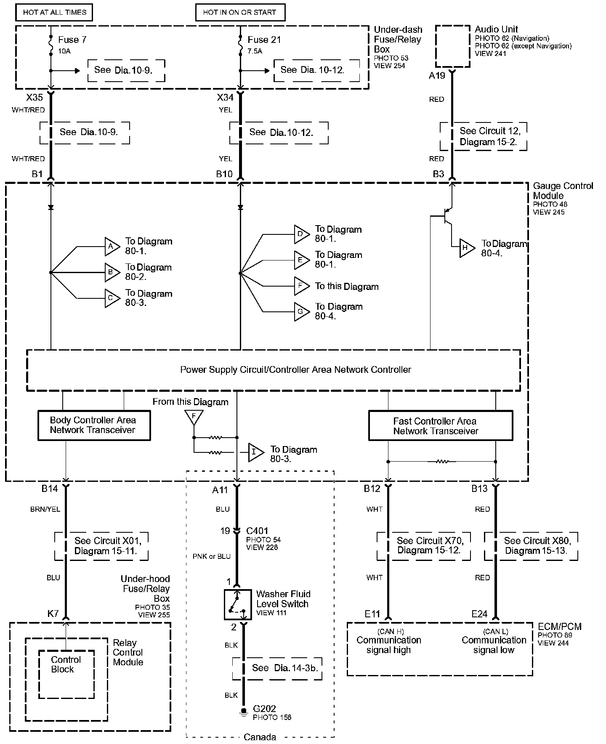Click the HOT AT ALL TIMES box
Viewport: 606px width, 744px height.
(54, 12)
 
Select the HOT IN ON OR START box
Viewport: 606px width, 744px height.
(240, 12)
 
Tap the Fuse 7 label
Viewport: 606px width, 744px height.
(72, 40)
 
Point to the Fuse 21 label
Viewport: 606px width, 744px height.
(264, 40)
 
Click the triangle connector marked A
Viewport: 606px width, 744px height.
(112, 247)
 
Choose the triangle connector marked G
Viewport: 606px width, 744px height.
(302, 312)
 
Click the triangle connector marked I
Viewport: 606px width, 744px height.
(256, 452)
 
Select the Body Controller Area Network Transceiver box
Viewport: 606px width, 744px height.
(94, 425)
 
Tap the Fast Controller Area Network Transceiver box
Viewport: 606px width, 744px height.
(441, 426)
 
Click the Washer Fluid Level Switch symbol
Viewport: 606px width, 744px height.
(238, 604)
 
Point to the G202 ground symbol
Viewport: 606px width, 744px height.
(243, 711)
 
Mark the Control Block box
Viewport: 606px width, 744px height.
(66, 674)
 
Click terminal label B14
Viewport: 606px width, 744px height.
(49, 489)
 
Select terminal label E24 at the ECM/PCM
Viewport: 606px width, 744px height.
(479, 614)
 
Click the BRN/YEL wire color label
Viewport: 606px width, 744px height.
(45, 509)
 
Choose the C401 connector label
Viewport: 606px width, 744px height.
(257, 531)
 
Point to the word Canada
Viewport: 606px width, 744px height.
(260, 737)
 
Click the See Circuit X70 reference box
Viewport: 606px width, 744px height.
(423, 546)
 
